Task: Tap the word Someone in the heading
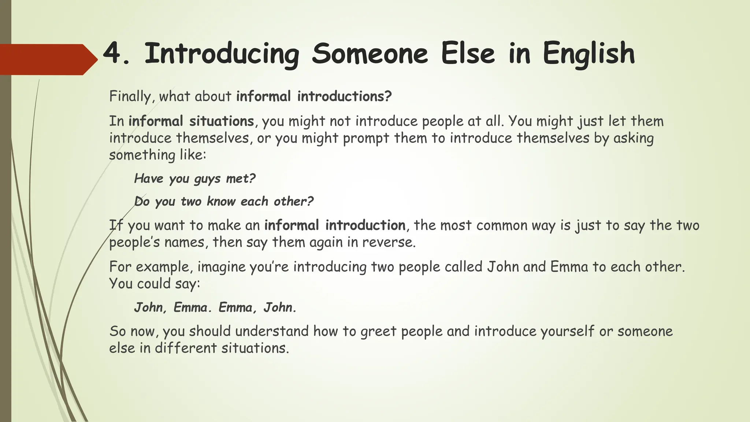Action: (370, 54)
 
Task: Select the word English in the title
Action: (589, 54)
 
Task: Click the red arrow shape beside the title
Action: (48, 59)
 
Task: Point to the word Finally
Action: (130, 96)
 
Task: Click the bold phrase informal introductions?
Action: (314, 96)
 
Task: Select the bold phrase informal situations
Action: (191, 121)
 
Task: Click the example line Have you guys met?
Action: (194, 179)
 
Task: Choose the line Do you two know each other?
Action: (224, 201)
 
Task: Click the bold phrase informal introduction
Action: (335, 225)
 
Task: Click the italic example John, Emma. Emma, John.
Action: (215, 307)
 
